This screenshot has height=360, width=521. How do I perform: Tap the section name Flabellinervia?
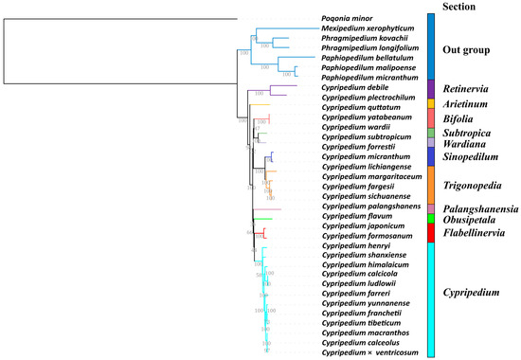tap(480, 231)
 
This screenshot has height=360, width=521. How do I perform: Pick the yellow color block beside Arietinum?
tap(431, 103)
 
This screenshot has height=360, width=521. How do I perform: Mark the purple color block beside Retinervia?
tap(431, 86)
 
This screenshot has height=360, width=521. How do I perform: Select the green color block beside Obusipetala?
tap(431, 219)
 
